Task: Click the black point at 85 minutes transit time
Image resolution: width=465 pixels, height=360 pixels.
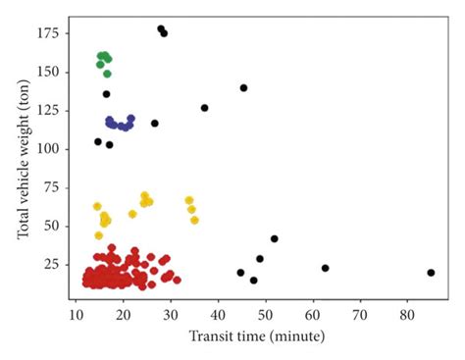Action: (x=431, y=273)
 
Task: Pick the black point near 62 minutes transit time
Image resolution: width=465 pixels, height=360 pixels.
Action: (x=325, y=268)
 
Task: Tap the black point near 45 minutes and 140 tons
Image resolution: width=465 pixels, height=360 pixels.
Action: (x=243, y=88)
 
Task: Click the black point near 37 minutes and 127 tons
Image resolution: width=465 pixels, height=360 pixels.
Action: (x=204, y=108)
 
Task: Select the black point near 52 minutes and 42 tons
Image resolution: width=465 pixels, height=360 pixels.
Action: (x=274, y=238)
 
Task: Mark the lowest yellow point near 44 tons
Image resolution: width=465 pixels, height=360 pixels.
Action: (x=98, y=235)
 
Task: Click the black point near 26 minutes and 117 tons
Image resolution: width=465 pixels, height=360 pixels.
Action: (x=154, y=124)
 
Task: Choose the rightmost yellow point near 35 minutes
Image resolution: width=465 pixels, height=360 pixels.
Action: (x=194, y=220)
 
